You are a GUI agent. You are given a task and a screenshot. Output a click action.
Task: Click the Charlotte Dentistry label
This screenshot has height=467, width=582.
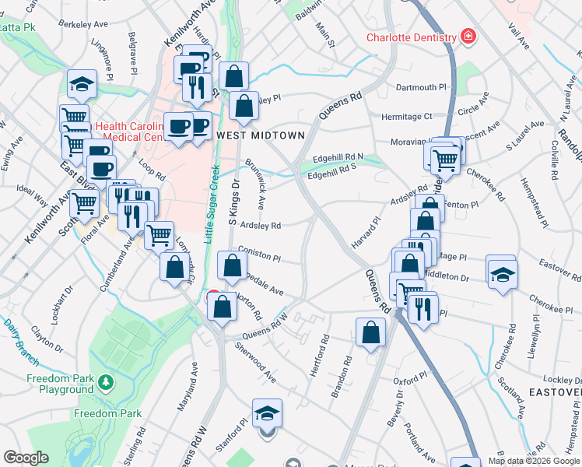pos(412,37)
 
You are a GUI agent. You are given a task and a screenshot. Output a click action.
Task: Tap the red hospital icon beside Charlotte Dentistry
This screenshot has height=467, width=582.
pos(468,37)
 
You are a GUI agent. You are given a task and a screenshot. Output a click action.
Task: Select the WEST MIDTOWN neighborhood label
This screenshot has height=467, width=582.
pos(260,135)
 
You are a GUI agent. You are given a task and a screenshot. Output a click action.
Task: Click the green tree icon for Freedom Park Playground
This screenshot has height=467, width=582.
pos(104,382)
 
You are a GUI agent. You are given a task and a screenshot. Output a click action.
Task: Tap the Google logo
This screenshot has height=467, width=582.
pos(26,458)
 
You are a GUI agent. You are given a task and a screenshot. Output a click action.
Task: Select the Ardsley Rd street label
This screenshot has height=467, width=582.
pos(260,226)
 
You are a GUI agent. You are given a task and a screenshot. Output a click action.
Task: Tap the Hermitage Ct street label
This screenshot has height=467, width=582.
pos(406,117)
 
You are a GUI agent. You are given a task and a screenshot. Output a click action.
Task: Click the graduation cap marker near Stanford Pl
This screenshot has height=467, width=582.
pos(267,413)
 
